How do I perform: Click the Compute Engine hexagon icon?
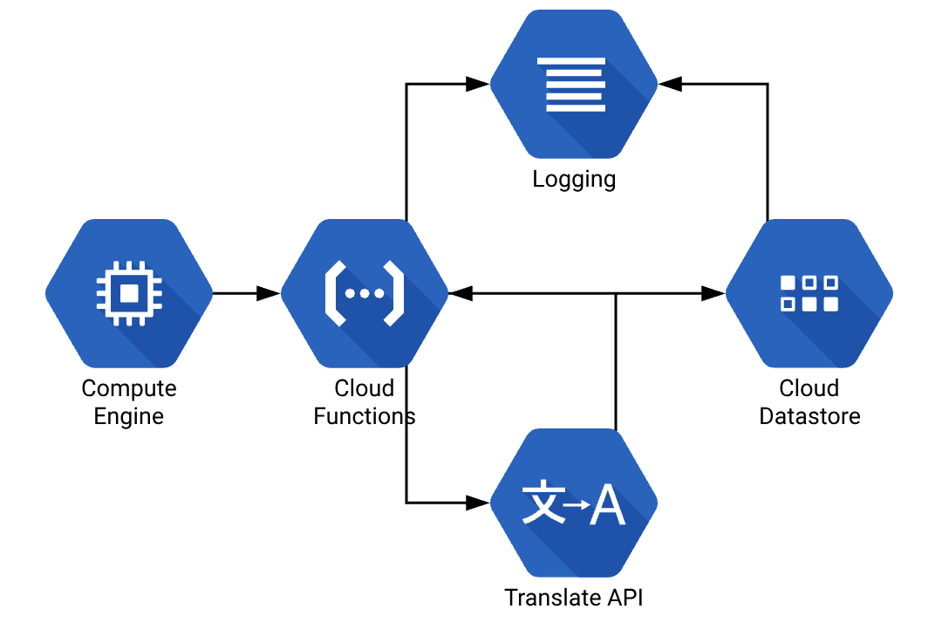click(x=129, y=293)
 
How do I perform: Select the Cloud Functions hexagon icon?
click(x=365, y=293)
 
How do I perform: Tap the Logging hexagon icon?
click(x=573, y=84)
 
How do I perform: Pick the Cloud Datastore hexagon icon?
click(x=809, y=293)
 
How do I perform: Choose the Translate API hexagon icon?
click(x=573, y=503)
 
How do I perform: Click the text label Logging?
click(x=574, y=180)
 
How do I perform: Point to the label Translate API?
click(x=574, y=598)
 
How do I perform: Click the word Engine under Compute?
click(x=129, y=416)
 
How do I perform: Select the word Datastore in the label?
click(x=809, y=416)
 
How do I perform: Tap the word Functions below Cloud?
click(x=365, y=416)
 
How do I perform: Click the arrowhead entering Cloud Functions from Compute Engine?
click(x=269, y=293)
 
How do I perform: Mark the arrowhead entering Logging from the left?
click(x=477, y=84)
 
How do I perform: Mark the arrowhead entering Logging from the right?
click(x=670, y=84)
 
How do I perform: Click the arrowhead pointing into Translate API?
click(x=477, y=503)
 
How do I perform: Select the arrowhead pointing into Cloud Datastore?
click(x=713, y=293)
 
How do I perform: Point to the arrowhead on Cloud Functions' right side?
click(x=461, y=293)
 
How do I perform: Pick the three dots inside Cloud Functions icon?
click(x=365, y=293)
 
